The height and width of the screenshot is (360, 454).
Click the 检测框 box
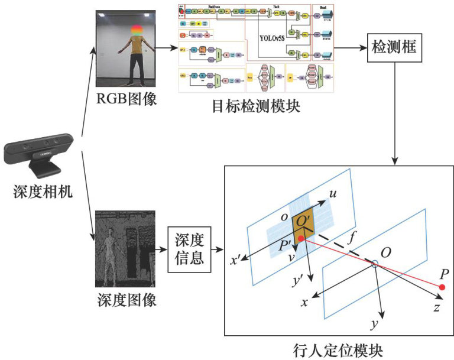pyautogui.click(x=393, y=51)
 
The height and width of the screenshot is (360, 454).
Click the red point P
pyautogui.click(x=442, y=287)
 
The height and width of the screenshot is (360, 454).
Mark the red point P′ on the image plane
pyautogui.click(x=301, y=239)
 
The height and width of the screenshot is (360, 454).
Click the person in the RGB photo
pyautogui.click(x=137, y=53)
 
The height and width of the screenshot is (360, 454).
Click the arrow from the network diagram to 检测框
pyautogui.click(x=350, y=51)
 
